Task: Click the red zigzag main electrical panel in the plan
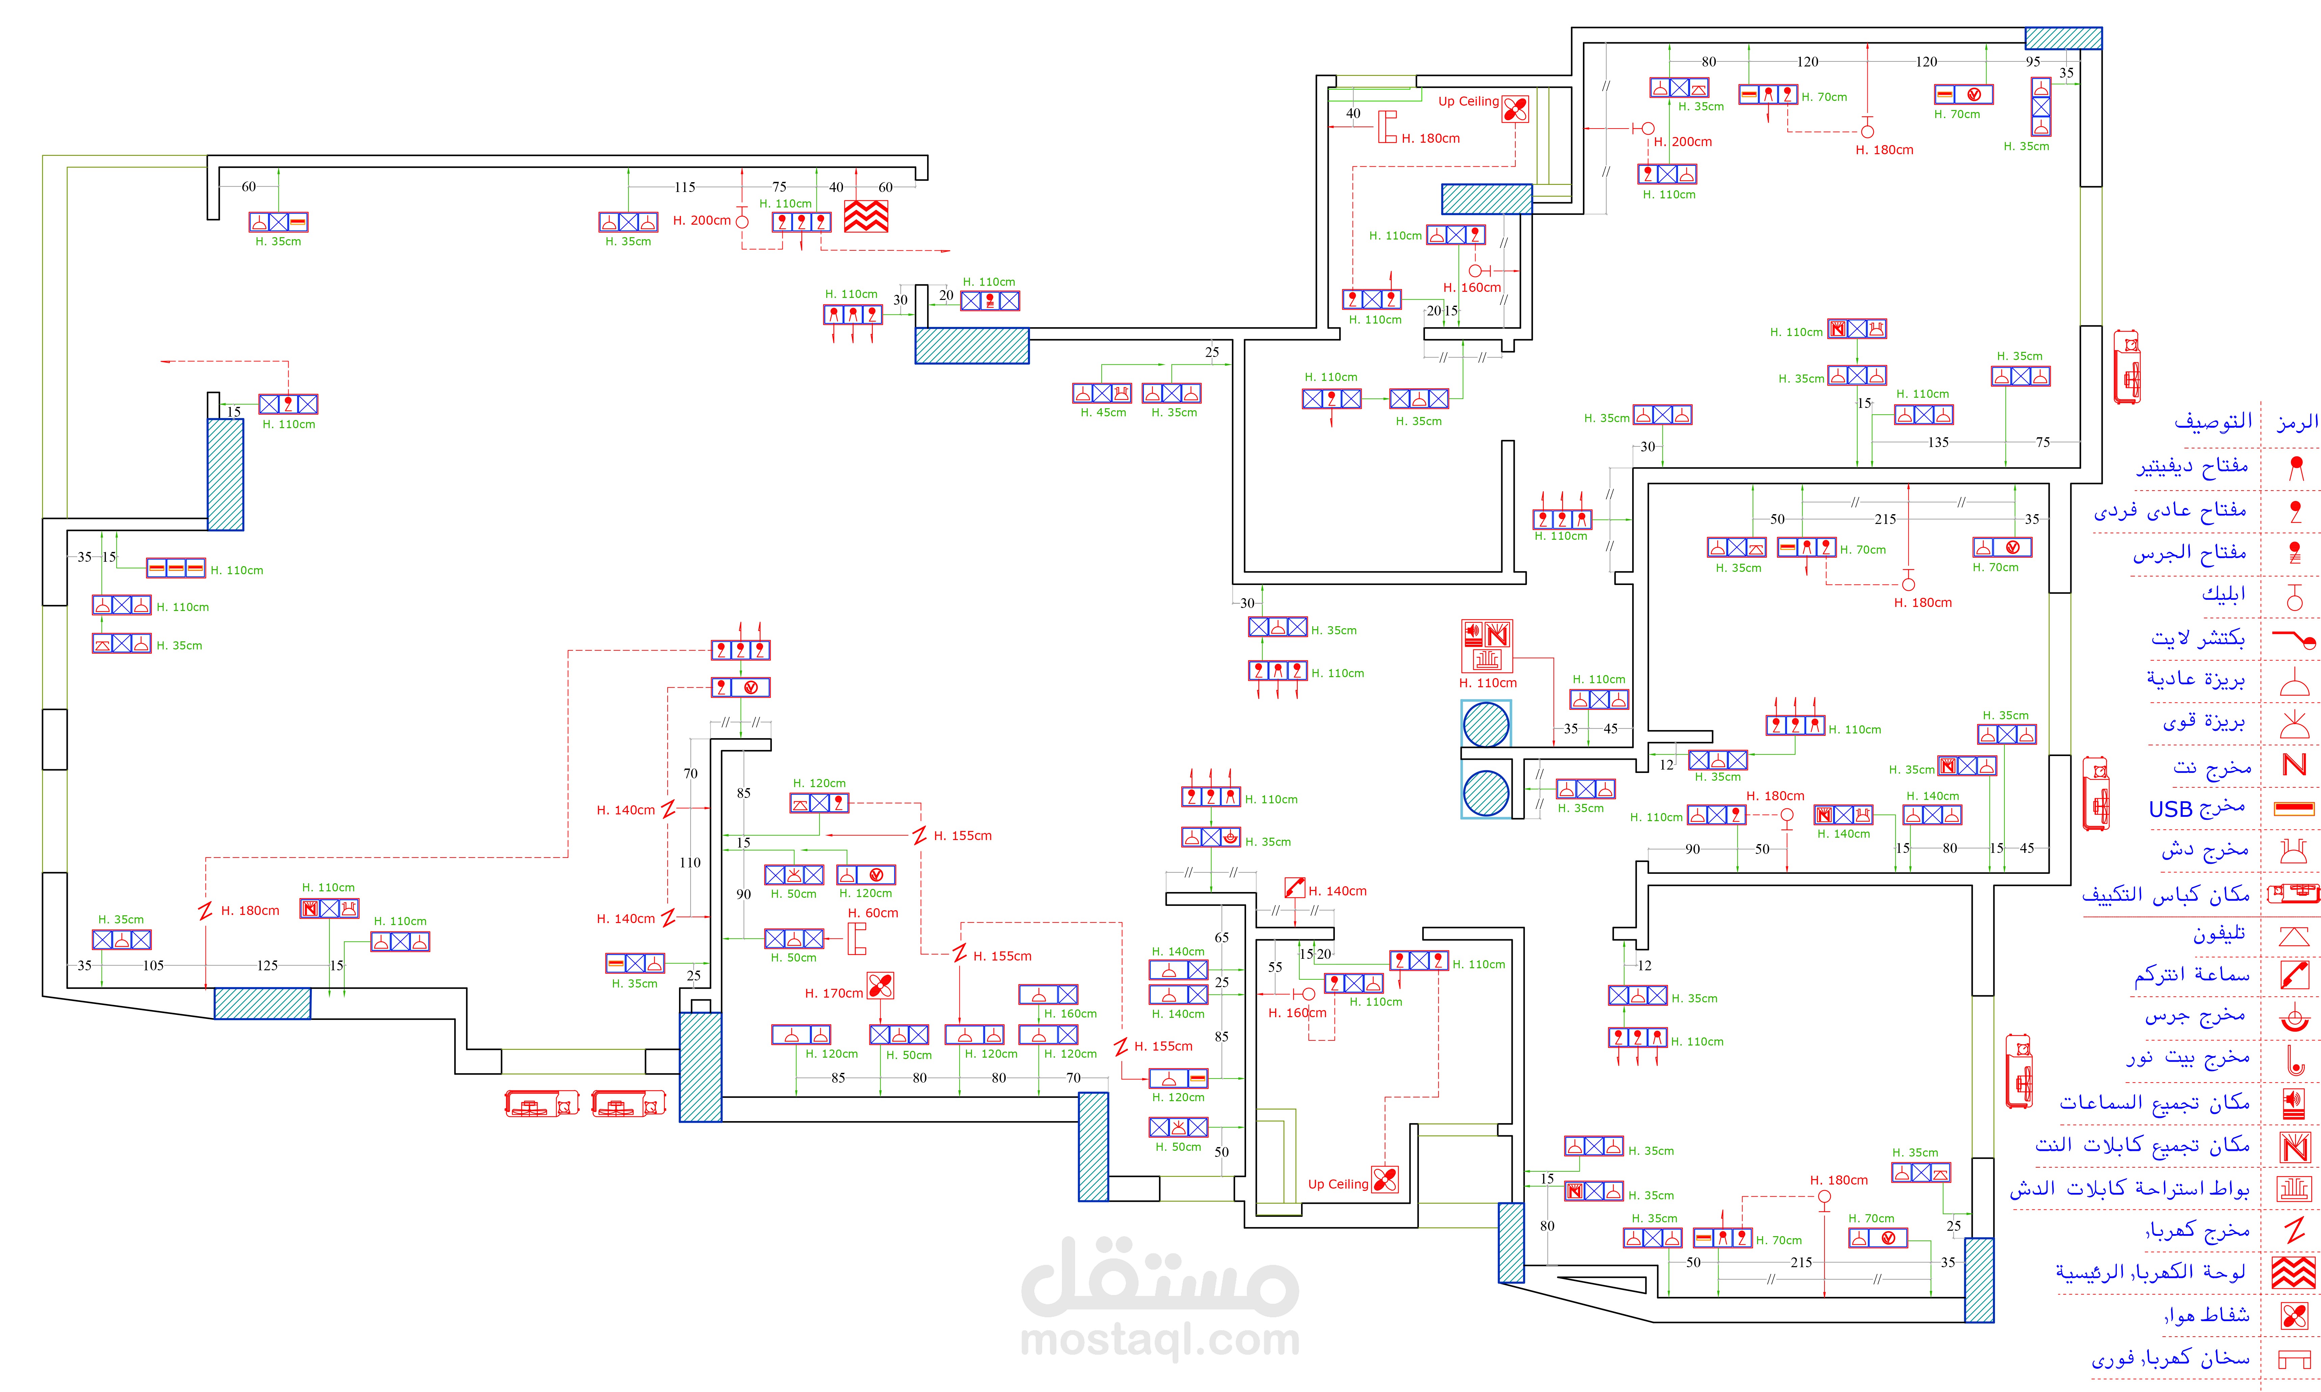tap(865, 216)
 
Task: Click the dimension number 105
tap(153, 965)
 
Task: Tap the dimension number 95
tap(2032, 62)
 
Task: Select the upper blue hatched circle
tap(1486, 724)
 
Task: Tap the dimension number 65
tap(1221, 937)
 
